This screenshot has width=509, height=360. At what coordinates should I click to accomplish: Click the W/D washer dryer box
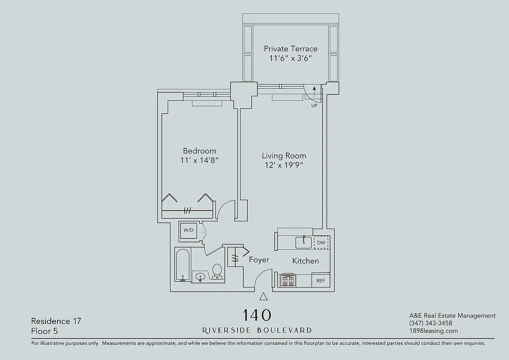coord(188,230)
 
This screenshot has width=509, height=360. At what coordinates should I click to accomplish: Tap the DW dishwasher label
coord(321,243)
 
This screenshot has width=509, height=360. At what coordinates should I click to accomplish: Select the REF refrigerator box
coord(321,280)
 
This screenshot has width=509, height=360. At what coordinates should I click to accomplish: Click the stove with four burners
coord(288,280)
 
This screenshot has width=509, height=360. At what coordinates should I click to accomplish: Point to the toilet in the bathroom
coord(217,271)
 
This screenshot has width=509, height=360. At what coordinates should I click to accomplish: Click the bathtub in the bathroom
coord(183,265)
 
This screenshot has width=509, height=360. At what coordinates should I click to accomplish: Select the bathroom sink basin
coord(200,276)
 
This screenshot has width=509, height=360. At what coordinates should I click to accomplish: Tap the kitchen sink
coord(304,243)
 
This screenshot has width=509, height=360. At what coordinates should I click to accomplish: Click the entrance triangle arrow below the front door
coord(264,296)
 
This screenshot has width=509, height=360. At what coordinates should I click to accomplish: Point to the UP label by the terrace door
coord(314,106)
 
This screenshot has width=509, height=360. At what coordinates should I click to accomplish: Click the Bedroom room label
coord(199,151)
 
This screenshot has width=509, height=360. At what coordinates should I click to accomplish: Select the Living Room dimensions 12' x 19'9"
coord(284,165)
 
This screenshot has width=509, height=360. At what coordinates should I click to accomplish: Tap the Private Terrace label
coord(290,49)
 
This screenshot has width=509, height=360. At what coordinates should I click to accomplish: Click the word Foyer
coord(259,260)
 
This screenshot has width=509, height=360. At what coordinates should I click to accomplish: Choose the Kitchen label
coord(305,261)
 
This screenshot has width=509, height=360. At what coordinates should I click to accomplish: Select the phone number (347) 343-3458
coord(431,323)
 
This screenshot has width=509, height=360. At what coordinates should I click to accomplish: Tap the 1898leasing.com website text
coord(433,331)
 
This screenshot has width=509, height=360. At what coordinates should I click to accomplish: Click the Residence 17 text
coord(56,321)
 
